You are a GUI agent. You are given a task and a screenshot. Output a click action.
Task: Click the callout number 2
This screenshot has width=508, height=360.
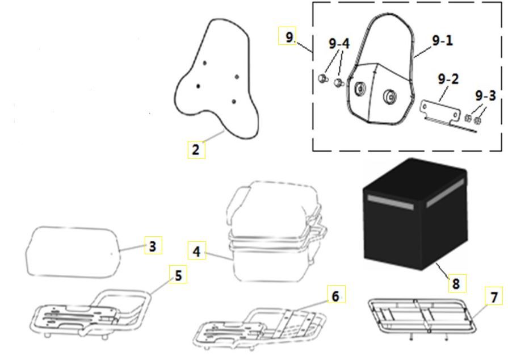196,150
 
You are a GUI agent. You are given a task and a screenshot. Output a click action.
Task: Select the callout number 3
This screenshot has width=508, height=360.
152,246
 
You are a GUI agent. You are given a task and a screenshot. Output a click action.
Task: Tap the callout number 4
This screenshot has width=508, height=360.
196,251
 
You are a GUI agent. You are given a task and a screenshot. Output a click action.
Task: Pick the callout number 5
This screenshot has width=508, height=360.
178,276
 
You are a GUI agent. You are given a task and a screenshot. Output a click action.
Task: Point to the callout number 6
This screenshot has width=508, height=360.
336,296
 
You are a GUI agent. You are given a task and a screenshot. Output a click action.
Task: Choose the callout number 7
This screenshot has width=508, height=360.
493,296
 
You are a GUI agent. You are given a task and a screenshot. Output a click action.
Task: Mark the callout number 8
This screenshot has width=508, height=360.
456,282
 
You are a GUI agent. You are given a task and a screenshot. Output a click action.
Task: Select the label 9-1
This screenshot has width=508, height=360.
443,41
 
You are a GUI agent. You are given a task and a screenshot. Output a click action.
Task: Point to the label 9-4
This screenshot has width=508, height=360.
339,44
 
